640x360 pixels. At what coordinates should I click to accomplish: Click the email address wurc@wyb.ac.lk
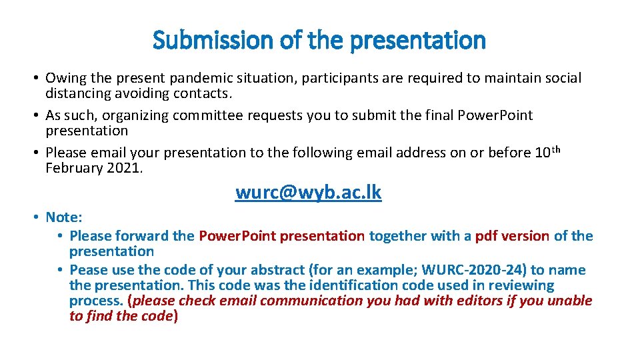click(x=308, y=193)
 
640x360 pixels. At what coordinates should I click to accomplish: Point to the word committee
click(x=208, y=115)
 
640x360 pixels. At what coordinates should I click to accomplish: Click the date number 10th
click(x=547, y=152)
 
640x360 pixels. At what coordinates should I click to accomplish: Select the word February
click(x=73, y=167)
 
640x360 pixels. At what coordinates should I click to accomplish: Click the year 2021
click(x=123, y=167)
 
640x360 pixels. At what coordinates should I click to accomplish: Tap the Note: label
click(x=63, y=217)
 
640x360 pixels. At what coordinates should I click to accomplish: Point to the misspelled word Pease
click(x=88, y=270)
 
